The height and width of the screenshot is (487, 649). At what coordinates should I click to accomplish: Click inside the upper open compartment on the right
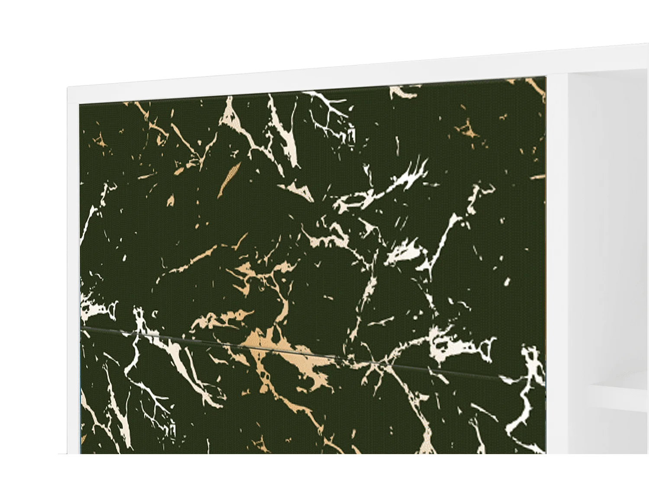click(x=610, y=216)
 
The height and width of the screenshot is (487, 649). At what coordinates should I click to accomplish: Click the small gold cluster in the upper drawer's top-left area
click(x=102, y=141)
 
